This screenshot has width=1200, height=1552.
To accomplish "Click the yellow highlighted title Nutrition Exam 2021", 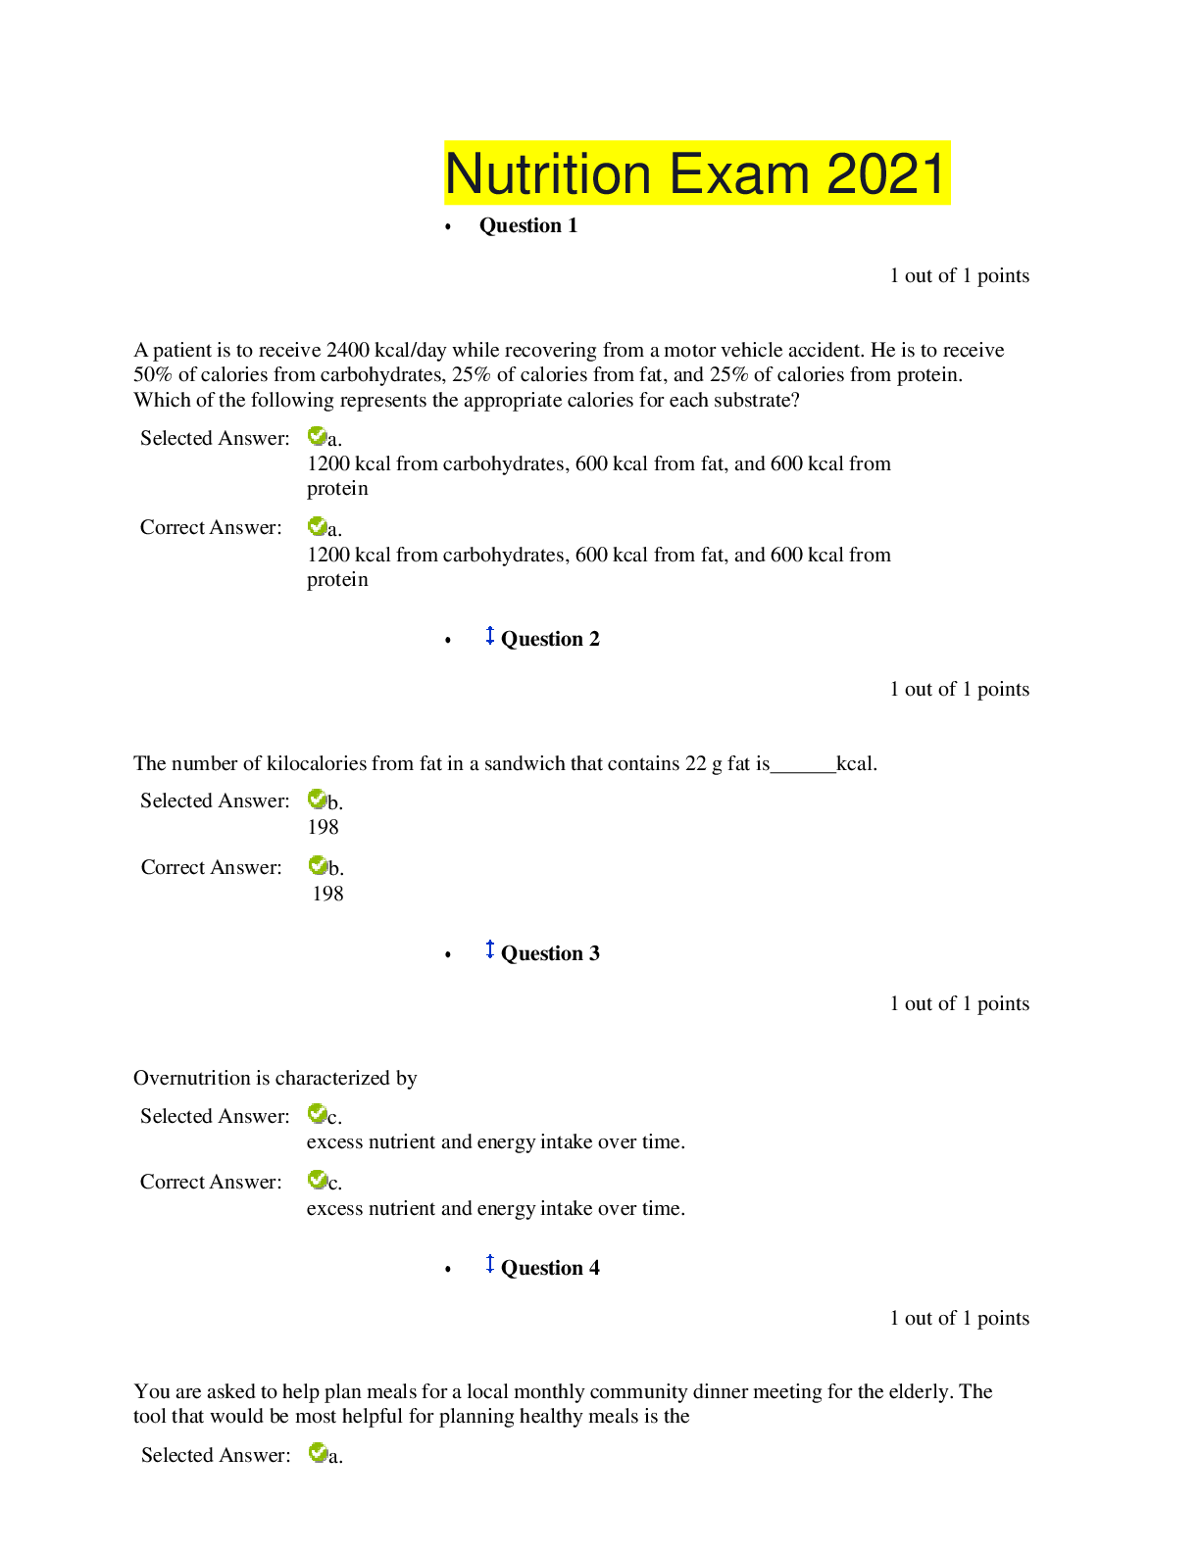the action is point(697,172).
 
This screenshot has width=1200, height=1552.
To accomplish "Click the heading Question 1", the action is point(528,225).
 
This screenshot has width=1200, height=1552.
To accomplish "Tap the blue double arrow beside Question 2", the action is point(490,635).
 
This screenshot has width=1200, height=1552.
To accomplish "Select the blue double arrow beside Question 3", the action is point(490,949).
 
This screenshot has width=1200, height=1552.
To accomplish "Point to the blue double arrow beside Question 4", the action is point(490,1264).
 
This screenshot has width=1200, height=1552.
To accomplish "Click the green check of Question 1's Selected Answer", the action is point(317,436).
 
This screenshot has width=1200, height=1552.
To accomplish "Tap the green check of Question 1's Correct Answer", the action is point(317,526).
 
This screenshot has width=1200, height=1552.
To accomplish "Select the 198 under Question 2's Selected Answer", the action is point(324,827).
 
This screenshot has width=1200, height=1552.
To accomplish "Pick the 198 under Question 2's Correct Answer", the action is point(328,894).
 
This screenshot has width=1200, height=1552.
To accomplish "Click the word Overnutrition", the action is point(191,1078).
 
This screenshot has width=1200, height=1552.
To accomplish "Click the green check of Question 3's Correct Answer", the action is point(317,1179).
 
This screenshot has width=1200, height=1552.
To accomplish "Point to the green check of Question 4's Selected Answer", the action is point(318,1453).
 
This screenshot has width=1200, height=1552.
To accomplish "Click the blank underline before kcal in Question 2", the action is point(803,772).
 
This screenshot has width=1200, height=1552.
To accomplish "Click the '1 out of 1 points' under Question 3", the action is point(959,1003).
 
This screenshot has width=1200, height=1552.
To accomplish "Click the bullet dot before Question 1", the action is point(448,227).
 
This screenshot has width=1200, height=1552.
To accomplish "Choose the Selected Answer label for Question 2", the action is point(215,800).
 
